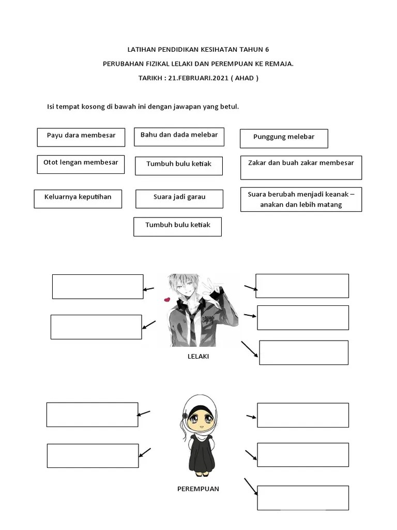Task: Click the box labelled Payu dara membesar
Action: [81, 137]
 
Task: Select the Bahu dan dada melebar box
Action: [179, 137]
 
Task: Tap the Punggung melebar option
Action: [284, 139]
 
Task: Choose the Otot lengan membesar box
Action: [81, 165]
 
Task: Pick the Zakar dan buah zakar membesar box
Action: [301, 168]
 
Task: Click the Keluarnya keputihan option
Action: [78, 199]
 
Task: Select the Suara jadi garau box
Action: [179, 199]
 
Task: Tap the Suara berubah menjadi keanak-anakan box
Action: [301, 199]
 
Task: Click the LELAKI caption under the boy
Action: [198, 356]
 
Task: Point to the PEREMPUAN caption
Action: [198, 489]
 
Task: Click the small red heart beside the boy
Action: [167, 299]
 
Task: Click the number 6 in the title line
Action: [267, 50]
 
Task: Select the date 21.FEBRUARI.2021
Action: [198, 78]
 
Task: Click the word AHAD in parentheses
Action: [245, 78]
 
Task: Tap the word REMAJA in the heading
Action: [281, 64]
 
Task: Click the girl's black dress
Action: [202, 454]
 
